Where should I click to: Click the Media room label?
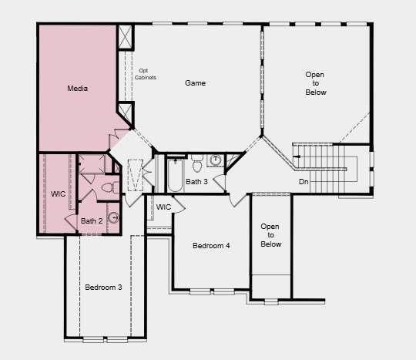pyautogui.click(x=78, y=88)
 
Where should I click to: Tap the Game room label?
pyautogui.click(x=195, y=83)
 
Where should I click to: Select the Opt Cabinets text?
pyautogui.click(x=145, y=74)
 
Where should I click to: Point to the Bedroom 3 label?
pyautogui.click(x=103, y=288)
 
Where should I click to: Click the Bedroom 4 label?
pyautogui.click(x=211, y=246)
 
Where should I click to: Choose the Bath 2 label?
pyautogui.click(x=92, y=221)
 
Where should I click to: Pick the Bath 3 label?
pyautogui.click(x=196, y=182)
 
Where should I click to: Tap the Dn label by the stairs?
pyautogui.click(x=304, y=182)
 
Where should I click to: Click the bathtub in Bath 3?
pyautogui.click(x=175, y=175)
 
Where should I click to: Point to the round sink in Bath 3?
pyautogui.click(x=216, y=160)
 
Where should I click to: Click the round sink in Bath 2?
pyautogui.click(x=114, y=217)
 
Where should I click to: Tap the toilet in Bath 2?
pyautogui.click(x=110, y=187)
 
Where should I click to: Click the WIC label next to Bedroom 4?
pyautogui.click(x=163, y=207)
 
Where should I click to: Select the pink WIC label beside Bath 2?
pyautogui.click(x=58, y=194)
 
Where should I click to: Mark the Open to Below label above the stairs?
pyautogui.click(x=315, y=83)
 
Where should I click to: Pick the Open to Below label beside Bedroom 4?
pyautogui.click(x=270, y=235)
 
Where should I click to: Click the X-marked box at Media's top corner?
pyautogui.click(x=125, y=37)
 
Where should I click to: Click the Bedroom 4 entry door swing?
pyautogui.click(x=239, y=200)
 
